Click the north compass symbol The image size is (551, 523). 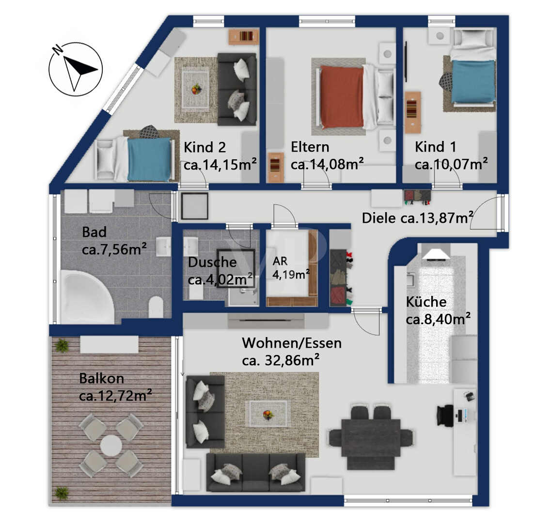tap(75, 69)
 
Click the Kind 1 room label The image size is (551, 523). tap(435, 147)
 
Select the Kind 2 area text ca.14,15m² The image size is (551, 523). tap(220, 164)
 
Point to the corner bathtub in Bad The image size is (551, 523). tap(86, 297)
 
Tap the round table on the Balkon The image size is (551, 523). tap(110, 446)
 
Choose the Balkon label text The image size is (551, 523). tap(102, 378)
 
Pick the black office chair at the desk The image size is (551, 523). tap(446, 416)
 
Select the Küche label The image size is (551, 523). tap(426, 302)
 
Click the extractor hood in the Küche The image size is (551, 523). tap(436, 252)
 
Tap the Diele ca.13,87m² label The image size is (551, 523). tap(417, 218)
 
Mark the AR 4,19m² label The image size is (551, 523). tap(291, 268)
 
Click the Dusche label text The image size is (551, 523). tap(212, 262)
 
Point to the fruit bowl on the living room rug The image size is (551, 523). tap(268, 415)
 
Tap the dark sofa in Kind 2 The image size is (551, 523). tap(236, 89)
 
